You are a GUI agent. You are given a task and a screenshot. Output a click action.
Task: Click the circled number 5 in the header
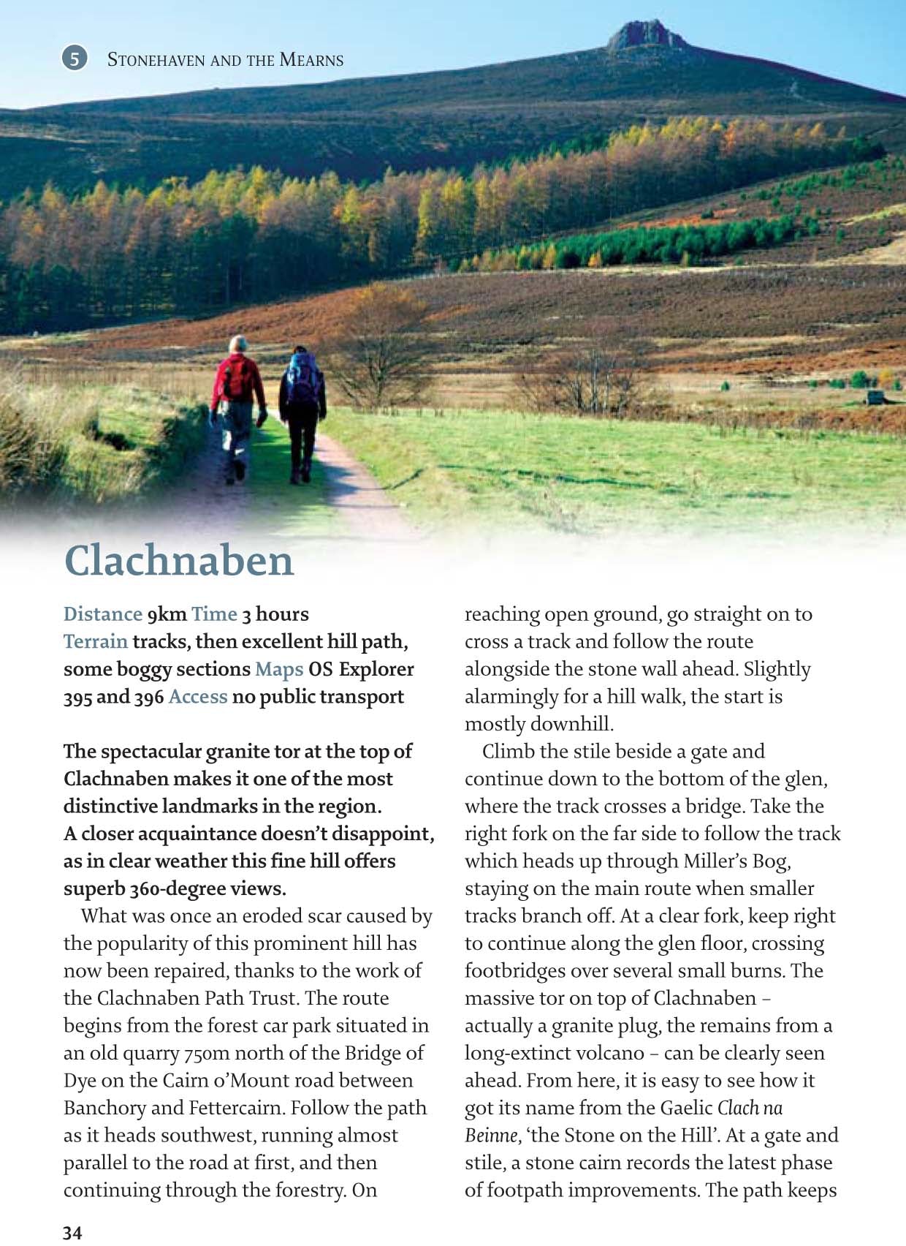[75, 58]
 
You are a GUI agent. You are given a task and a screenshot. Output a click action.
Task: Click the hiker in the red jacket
[238, 406]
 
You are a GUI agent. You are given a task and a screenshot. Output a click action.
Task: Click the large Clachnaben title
[179, 561]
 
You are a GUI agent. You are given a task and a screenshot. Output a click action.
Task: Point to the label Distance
[102, 614]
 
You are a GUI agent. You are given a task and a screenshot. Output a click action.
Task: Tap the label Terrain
[96, 642]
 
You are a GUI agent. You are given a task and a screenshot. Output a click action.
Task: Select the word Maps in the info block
[279, 669]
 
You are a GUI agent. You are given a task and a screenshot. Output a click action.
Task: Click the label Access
[198, 697]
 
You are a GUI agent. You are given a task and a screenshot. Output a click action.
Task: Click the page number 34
[72, 1233]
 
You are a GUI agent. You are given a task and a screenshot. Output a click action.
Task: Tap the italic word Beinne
[492, 1136]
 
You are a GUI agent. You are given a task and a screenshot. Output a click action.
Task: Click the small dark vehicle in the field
[875, 397]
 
